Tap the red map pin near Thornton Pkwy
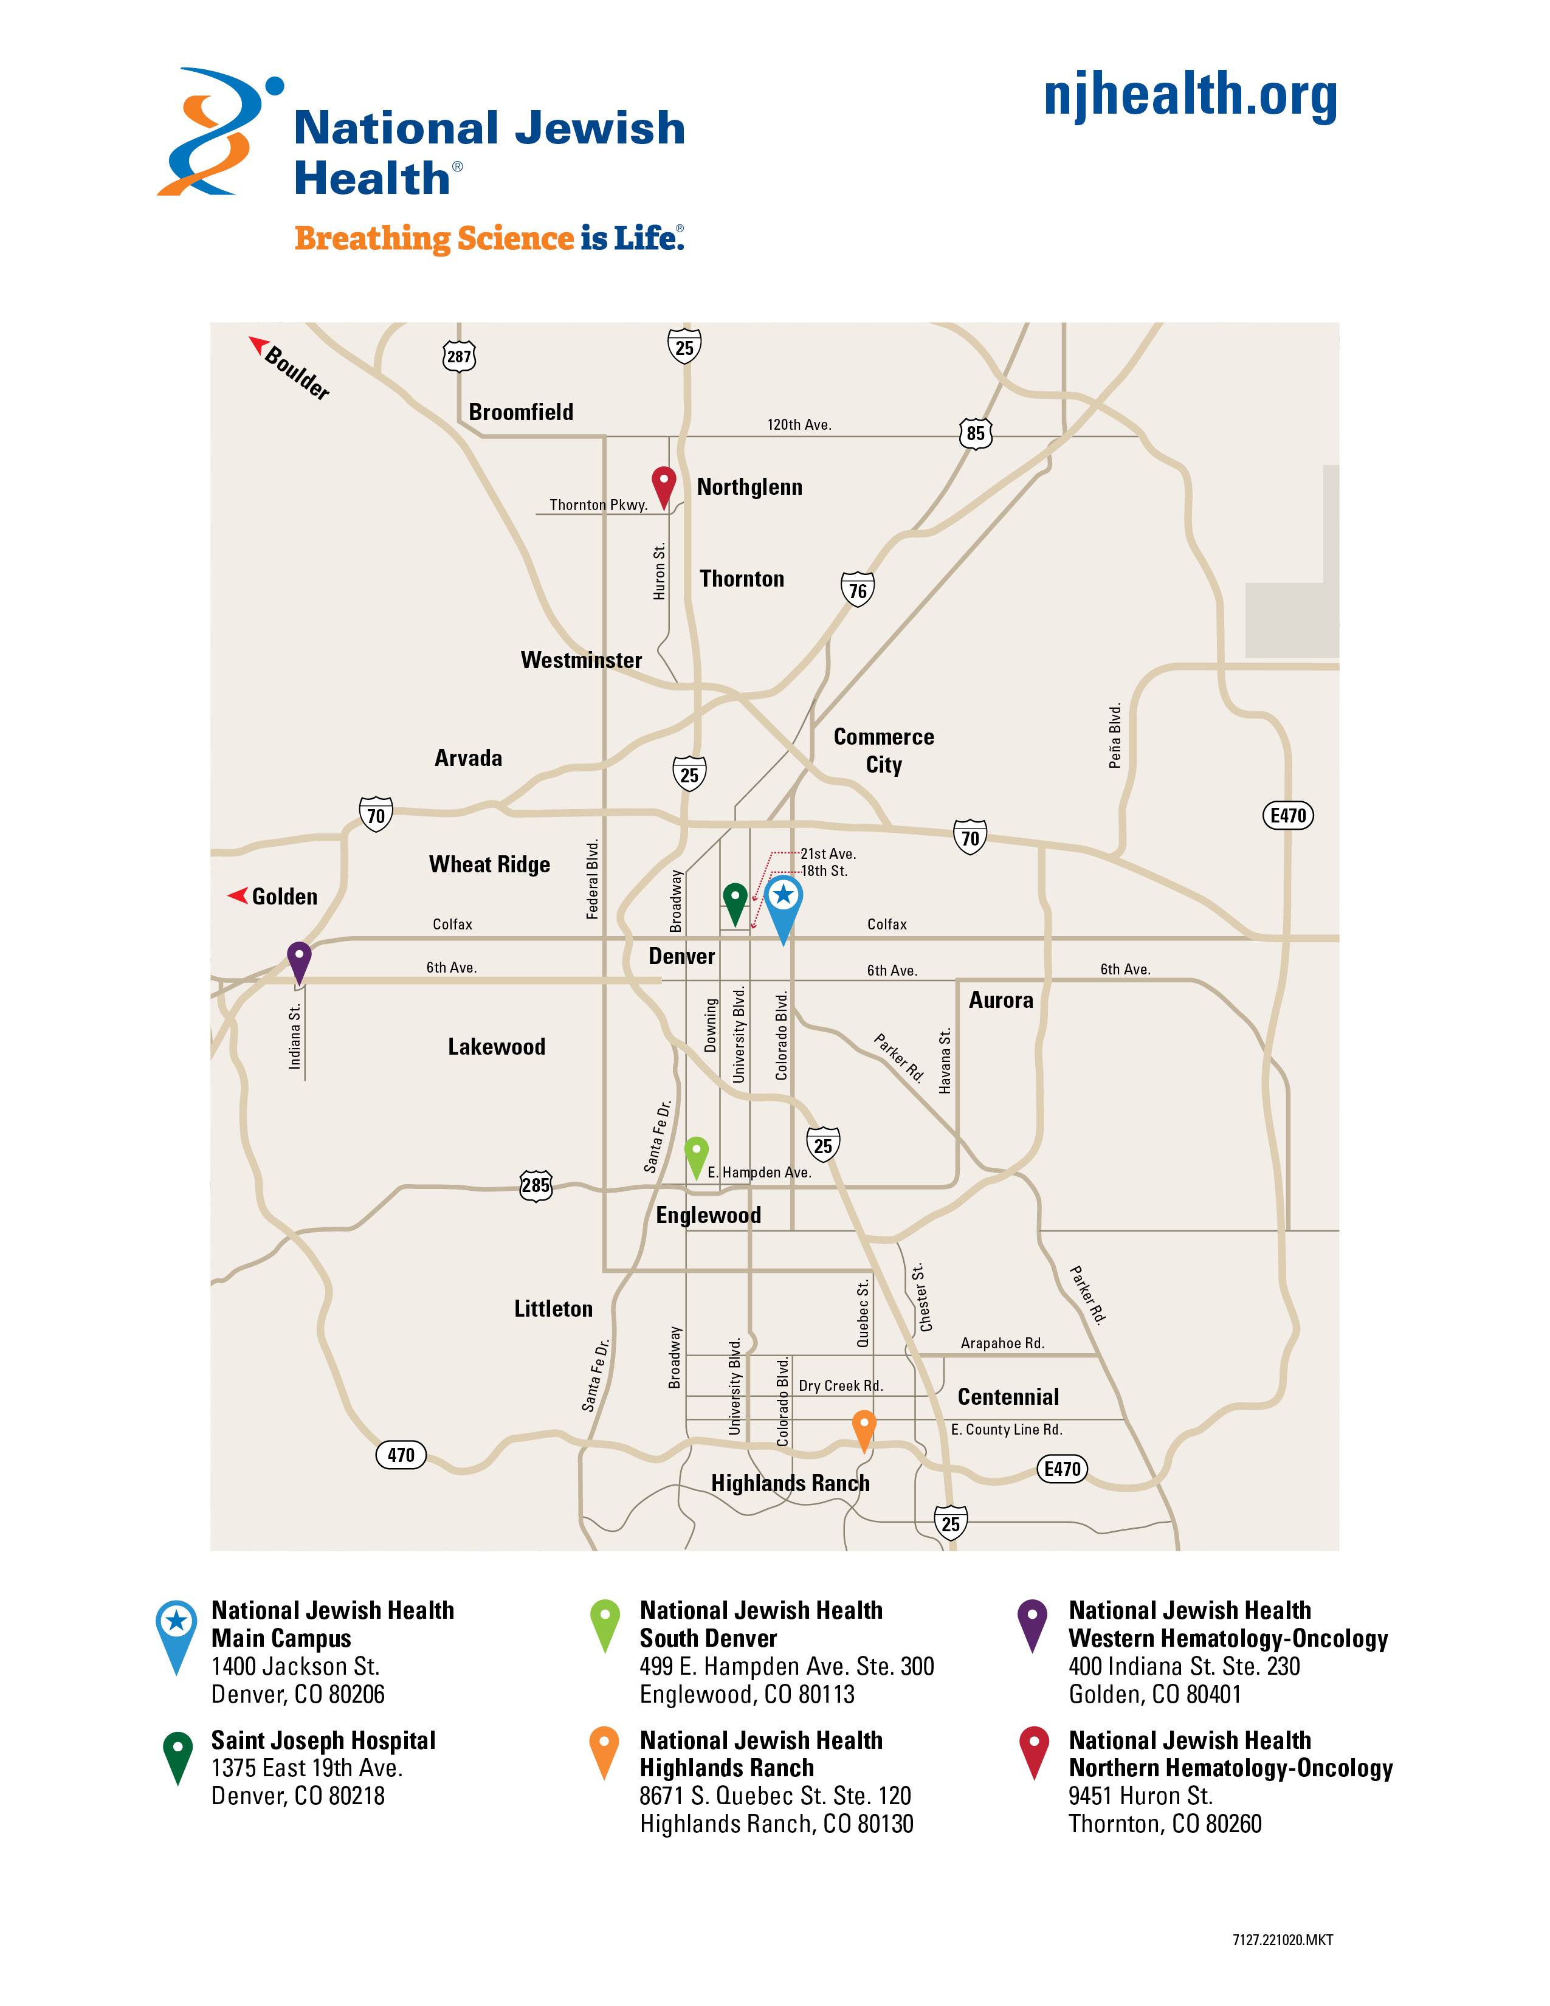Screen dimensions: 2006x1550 663,484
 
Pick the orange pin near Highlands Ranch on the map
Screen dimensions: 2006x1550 863,1427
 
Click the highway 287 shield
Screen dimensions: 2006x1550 459,356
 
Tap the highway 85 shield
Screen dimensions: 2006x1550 975,433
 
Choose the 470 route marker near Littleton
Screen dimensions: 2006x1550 401,1455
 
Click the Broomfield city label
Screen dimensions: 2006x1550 521,412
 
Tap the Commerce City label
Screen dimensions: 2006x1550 883,750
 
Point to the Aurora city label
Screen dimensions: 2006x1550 1001,1000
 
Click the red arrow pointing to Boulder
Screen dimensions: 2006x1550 258,345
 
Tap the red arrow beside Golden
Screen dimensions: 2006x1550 238,895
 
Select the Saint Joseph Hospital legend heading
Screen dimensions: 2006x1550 323,1740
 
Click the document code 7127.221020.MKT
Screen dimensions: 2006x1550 1282,1940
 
